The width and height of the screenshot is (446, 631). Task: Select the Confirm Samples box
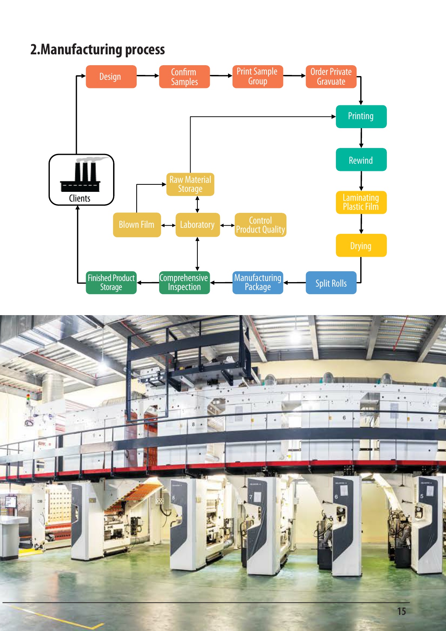click(x=184, y=77)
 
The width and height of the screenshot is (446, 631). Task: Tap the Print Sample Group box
click(x=258, y=76)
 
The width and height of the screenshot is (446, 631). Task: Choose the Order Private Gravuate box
click(x=331, y=77)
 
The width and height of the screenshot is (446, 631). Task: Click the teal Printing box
click(x=361, y=117)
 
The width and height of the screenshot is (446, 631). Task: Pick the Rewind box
click(x=361, y=160)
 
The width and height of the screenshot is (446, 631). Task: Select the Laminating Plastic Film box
click(x=361, y=202)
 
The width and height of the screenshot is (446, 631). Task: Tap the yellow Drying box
click(x=361, y=245)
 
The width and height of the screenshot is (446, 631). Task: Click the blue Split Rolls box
click(x=331, y=283)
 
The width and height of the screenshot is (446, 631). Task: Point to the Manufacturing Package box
click(x=258, y=283)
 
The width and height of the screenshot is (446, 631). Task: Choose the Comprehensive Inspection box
click(x=184, y=283)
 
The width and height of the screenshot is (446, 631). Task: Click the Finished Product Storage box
click(x=111, y=283)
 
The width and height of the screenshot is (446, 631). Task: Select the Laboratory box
click(x=197, y=225)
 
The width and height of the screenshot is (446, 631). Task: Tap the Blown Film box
click(x=137, y=225)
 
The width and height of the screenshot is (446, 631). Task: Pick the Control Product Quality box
click(x=260, y=225)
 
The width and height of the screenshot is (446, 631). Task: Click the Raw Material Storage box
click(x=190, y=184)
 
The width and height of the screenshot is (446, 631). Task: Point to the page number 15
click(x=401, y=611)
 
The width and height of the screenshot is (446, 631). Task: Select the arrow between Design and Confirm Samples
click(x=148, y=76)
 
